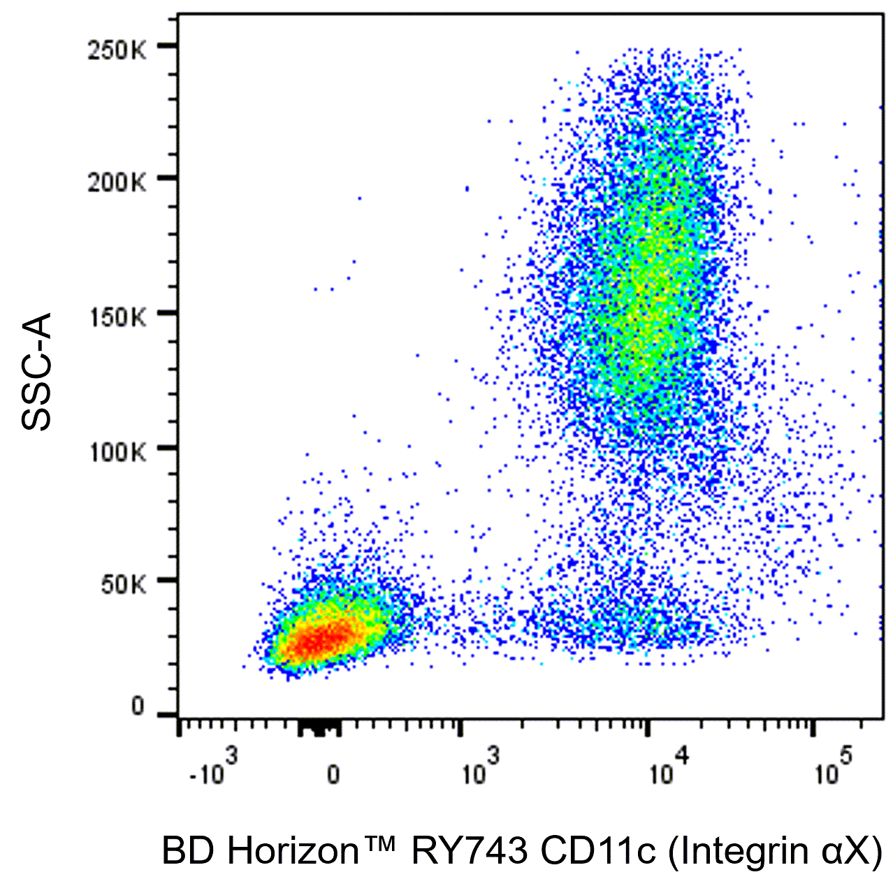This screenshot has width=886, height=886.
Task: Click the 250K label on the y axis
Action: (x=117, y=51)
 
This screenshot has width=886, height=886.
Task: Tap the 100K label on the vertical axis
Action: (x=117, y=451)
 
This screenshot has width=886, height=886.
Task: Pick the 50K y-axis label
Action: (x=123, y=585)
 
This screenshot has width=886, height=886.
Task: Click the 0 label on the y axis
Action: (x=138, y=707)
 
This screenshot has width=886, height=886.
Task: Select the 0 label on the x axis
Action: (x=333, y=775)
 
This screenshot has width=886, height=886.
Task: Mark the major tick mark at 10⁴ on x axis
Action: (x=648, y=727)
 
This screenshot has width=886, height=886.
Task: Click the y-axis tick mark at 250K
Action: (x=167, y=46)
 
